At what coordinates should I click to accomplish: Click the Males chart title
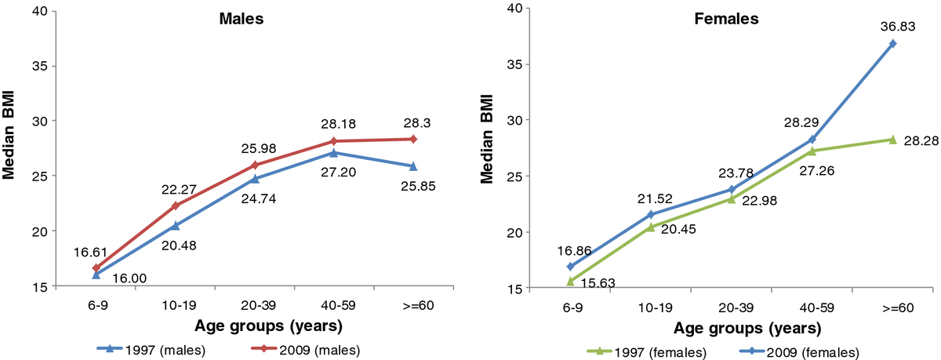242,19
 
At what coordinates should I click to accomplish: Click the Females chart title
726,19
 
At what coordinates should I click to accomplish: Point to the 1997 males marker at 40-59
334,153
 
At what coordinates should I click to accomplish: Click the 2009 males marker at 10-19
176,205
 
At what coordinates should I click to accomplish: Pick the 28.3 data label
416,123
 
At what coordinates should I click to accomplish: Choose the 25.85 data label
419,186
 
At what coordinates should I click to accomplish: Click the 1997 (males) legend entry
151,350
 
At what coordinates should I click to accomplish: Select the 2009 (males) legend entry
306,350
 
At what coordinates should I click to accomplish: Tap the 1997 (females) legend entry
645,352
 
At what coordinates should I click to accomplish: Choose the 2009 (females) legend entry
798,352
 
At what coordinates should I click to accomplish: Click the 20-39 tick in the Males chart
259,305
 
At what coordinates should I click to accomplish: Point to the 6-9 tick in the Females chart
572,307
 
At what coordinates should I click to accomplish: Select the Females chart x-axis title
747,328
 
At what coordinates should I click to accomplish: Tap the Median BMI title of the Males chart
9,135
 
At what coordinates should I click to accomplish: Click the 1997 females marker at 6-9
570,282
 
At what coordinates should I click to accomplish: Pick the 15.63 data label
598,282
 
